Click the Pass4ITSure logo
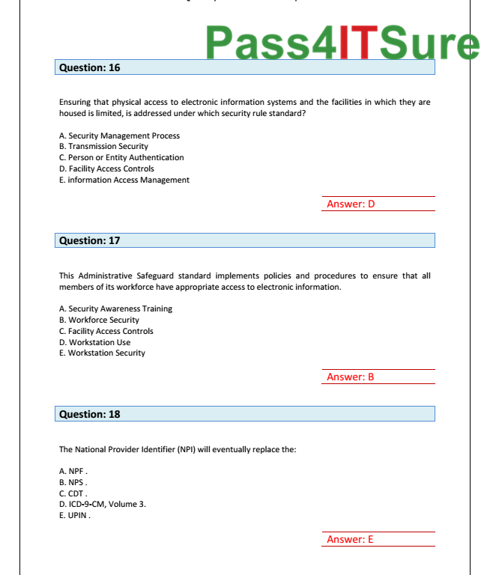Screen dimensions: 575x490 pyautogui.click(x=342, y=43)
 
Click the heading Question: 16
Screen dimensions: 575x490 pyautogui.click(x=89, y=67)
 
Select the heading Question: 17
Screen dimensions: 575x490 pyautogui.click(x=89, y=240)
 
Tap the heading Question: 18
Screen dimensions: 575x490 pyautogui.click(x=89, y=414)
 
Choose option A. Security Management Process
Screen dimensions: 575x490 pyautogui.click(x=119, y=136)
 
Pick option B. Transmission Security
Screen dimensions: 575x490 pyautogui.click(x=103, y=147)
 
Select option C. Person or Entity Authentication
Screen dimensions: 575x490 pyautogui.click(x=121, y=157)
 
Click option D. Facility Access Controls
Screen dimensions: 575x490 pyautogui.click(x=106, y=168)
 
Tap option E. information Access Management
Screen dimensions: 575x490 pyautogui.click(x=124, y=180)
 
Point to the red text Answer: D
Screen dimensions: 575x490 pyautogui.click(x=351, y=204)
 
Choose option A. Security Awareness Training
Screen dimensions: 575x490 pyautogui.click(x=115, y=308)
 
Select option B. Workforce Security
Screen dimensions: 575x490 pyautogui.click(x=99, y=320)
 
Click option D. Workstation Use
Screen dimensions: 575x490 pyautogui.click(x=94, y=342)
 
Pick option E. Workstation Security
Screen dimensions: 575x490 pyautogui.click(x=102, y=353)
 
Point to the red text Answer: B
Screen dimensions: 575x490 pyautogui.click(x=350, y=377)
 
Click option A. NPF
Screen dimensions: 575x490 pyautogui.click(x=73, y=472)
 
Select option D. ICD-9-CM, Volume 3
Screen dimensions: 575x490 pyautogui.click(x=103, y=504)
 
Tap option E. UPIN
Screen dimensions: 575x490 pyautogui.click(x=75, y=515)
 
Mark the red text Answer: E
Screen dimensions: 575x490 pyautogui.click(x=350, y=540)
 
